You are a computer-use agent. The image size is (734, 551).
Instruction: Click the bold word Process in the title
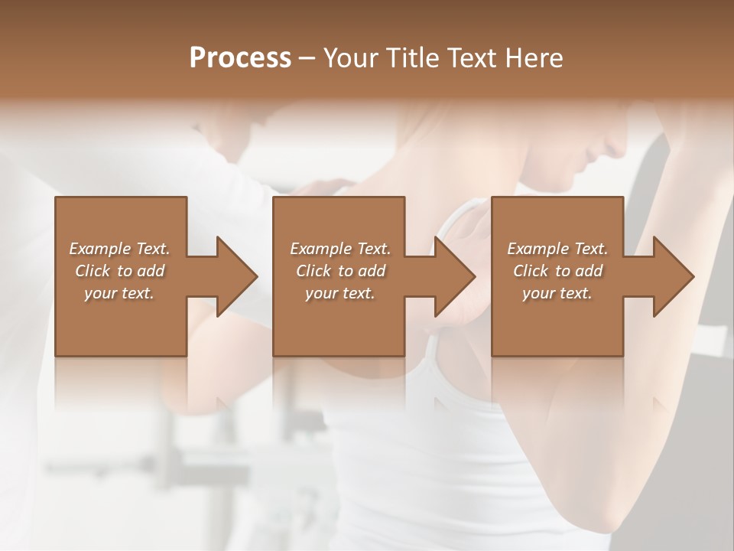(x=240, y=58)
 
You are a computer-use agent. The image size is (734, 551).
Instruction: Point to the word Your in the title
(x=352, y=58)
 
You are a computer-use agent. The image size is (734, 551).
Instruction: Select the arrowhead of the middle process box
(x=454, y=276)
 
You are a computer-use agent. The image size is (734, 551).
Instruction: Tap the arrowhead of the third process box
(x=673, y=276)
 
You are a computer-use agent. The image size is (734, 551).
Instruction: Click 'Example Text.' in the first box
(x=119, y=249)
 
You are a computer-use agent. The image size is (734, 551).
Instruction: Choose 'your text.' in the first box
(x=119, y=293)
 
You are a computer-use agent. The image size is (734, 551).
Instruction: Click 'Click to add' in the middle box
(x=340, y=271)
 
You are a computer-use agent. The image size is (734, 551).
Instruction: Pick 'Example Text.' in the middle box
(x=340, y=249)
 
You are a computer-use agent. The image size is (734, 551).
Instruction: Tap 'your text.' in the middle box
(x=340, y=293)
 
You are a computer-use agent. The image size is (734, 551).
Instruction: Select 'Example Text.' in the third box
(x=557, y=249)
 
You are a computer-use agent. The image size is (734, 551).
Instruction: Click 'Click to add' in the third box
(x=557, y=271)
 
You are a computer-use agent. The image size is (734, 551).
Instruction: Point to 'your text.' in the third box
(x=557, y=293)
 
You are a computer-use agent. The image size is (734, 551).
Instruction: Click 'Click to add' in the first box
(x=119, y=271)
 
